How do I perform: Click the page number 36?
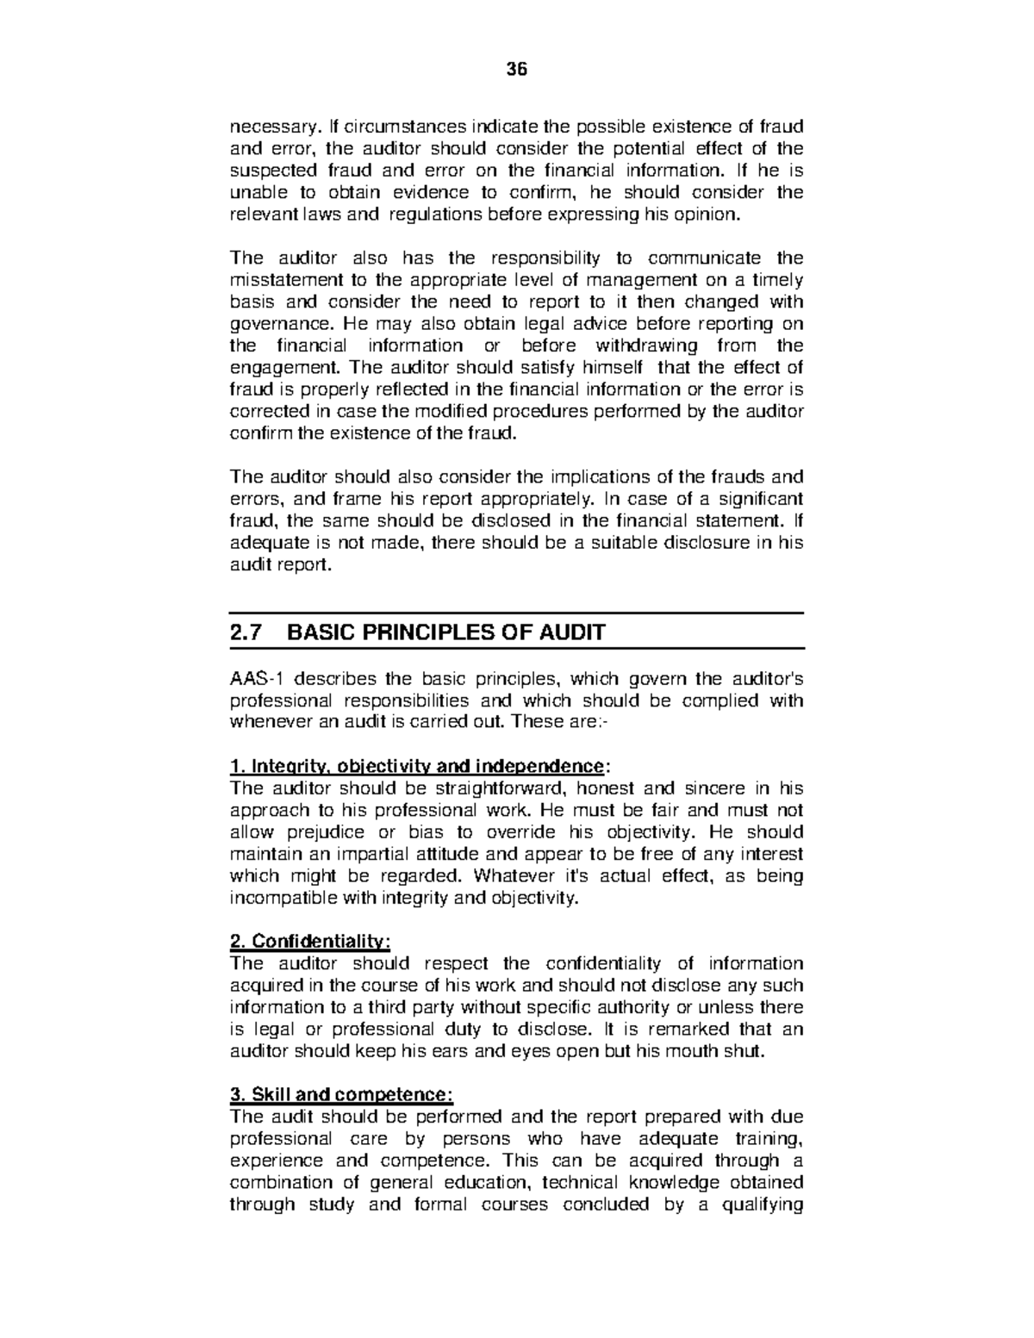click(517, 70)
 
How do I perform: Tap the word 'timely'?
click(777, 280)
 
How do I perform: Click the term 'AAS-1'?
click(255, 678)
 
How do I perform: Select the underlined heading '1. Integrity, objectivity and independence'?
click(419, 766)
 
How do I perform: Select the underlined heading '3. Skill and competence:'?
click(340, 1095)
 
